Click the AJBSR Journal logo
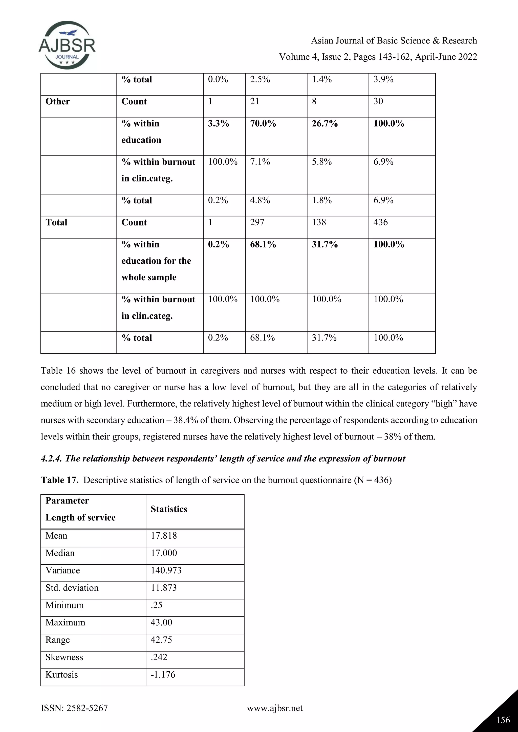click(x=67, y=45)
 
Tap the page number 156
click(x=503, y=720)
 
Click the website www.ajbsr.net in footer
click(x=275, y=708)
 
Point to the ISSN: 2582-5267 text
click(x=74, y=708)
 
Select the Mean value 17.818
click(x=164, y=535)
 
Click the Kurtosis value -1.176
click(x=163, y=674)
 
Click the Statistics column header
click(x=169, y=509)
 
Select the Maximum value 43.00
click(x=161, y=622)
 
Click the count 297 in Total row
click(x=257, y=222)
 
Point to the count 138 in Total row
click(x=319, y=222)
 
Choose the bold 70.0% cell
click(x=263, y=123)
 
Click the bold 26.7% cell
click(x=325, y=123)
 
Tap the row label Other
click(x=57, y=101)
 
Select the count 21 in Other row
click(x=254, y=101)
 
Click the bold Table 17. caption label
click(x=60, y=480)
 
